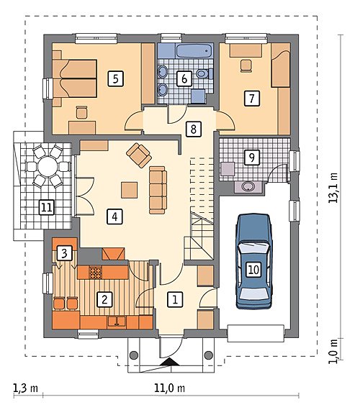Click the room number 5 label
coord(115,78)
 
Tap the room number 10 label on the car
coord(253,270)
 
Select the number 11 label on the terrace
coord(47,207)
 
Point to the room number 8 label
coord(194,129)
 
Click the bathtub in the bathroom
coord(194,51)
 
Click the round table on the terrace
coord(48,167)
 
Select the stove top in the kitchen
coord(95,273)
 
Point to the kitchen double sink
coord(117,321)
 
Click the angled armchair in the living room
coord(139,155)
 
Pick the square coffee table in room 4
coord(130,190)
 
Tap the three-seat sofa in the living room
coord(158,190)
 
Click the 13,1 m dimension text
coord(333,188)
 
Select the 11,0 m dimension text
coord(169,388)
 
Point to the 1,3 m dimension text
coord(25,388)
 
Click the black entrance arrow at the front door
coord(170,362)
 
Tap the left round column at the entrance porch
coord(134,355)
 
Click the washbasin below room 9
coord(248,186)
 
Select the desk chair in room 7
coord(246,65)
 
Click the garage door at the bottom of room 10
coord(256,333)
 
